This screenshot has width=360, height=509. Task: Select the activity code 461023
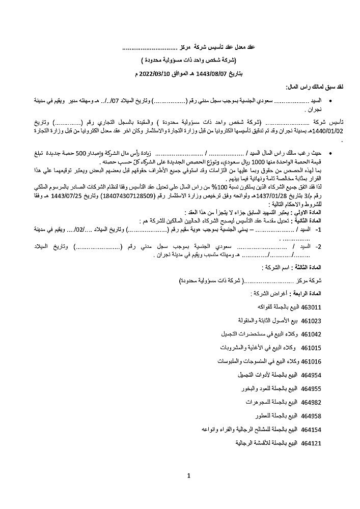click(311, 321)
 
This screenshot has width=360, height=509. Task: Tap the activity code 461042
click(311, 334)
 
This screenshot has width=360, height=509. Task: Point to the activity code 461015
click(311, 348)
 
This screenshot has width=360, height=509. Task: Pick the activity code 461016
click(311, 361)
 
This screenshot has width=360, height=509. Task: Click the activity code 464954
click(311, 375)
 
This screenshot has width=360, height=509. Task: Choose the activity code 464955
click(311, 389)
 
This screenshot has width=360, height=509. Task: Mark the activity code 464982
click(311, 402)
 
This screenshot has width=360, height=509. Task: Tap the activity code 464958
click(311, 416)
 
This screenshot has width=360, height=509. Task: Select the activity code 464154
click(311, 430)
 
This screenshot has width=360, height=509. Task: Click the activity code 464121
click(311, 443)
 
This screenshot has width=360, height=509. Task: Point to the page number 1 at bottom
click(188, 477)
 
